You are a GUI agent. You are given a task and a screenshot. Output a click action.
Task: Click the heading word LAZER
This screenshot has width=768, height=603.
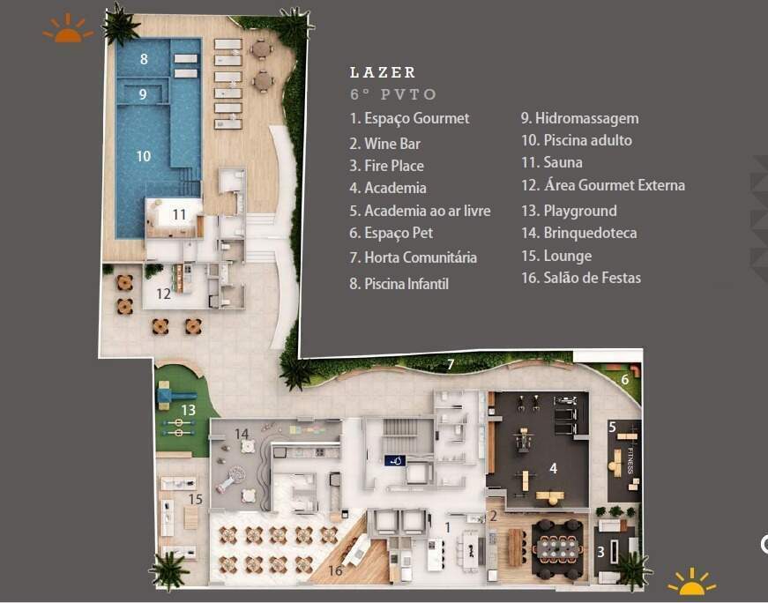click(383, 72)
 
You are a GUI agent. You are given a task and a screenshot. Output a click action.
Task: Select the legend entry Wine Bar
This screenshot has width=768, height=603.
click(385, 144)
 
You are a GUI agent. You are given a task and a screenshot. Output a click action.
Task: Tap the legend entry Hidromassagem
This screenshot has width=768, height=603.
click(580, 118)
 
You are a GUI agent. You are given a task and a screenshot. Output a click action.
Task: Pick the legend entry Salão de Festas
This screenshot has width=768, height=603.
click(581, 278)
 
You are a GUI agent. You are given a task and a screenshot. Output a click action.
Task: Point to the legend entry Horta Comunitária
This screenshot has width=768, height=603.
click(414, 257)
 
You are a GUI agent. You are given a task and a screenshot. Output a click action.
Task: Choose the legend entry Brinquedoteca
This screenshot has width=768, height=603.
click(579, 233)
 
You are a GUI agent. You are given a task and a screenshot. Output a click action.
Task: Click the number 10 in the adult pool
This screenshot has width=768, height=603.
click(143, 156)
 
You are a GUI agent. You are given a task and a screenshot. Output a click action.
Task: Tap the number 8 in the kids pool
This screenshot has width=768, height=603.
click(144, 59)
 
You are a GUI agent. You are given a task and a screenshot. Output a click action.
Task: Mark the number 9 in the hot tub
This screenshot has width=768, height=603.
click(143, 93)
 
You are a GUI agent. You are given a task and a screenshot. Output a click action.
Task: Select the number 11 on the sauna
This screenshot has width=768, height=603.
click(179, 214)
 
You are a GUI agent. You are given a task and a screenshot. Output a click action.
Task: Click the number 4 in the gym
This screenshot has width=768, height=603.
click(553, 468)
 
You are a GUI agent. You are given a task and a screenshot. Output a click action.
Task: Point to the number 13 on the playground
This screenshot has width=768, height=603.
click(188, 410)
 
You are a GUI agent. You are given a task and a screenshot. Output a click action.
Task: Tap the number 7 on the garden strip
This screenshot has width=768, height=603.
click(451, 364)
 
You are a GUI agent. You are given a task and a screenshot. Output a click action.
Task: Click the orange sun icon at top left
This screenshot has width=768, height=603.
click(68, 29)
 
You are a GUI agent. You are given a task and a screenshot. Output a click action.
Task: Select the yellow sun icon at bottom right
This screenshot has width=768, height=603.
click(691, 582)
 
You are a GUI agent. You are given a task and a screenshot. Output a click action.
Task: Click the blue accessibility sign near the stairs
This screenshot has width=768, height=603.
click(395, 460)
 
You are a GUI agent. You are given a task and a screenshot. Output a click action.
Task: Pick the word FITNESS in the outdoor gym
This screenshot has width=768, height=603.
click(630, 460)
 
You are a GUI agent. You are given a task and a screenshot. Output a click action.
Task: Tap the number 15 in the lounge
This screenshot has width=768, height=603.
click(196, 499)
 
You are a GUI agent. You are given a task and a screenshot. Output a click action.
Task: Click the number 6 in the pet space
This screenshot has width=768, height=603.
click(624, 379)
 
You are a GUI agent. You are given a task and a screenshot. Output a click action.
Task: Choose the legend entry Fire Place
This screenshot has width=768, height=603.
click(387, 166)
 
